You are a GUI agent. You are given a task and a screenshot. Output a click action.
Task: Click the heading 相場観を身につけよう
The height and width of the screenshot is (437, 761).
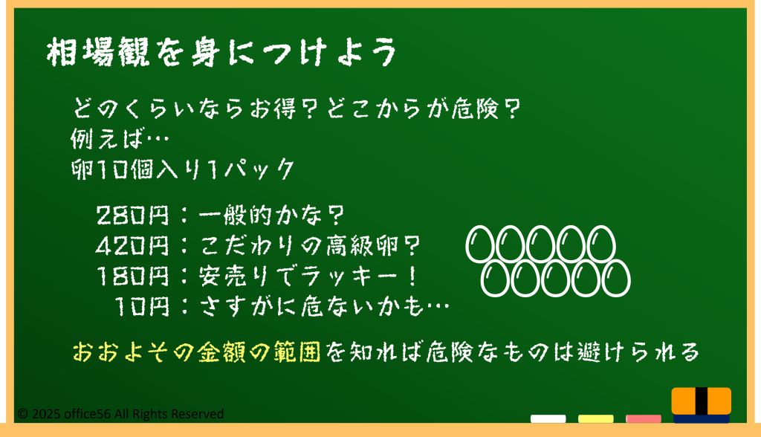tap(222, 52)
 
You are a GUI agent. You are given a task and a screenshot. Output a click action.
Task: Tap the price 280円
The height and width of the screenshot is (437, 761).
tap(132, 215)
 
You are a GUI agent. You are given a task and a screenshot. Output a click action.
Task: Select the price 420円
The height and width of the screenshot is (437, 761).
tap(132, 246)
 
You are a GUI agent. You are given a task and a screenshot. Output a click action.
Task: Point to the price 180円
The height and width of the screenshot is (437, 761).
tap(133, 276)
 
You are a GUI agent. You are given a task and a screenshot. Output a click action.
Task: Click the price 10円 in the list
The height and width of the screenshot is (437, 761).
tap(142, 307)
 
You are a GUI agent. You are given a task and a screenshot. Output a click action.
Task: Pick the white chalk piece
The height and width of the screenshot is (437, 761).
tap(548, 418)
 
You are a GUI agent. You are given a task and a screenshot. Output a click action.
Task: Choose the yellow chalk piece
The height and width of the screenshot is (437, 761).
tap(595, 418)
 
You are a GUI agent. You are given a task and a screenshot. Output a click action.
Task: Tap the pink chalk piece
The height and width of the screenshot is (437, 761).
tap(643, 418)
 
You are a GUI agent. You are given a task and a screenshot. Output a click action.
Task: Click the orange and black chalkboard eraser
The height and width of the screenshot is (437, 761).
tap(702, 404)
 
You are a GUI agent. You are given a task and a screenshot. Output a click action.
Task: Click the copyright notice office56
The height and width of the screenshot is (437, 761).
tap(120, 414)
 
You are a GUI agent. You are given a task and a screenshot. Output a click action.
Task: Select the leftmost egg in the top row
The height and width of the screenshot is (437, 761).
tap(480, 245)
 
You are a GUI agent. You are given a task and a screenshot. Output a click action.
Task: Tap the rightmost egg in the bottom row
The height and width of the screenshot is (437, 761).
tap(615, 278)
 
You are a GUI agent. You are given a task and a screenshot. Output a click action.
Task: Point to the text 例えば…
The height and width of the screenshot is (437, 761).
tap(120, 138)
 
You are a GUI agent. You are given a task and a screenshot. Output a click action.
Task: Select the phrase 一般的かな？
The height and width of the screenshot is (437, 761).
tap(272, 215)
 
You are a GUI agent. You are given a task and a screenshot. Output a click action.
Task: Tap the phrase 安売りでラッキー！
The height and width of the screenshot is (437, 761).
tap(308, 276)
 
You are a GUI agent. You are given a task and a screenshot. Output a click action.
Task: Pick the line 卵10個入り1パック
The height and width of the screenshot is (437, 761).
tap(183, 169)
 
